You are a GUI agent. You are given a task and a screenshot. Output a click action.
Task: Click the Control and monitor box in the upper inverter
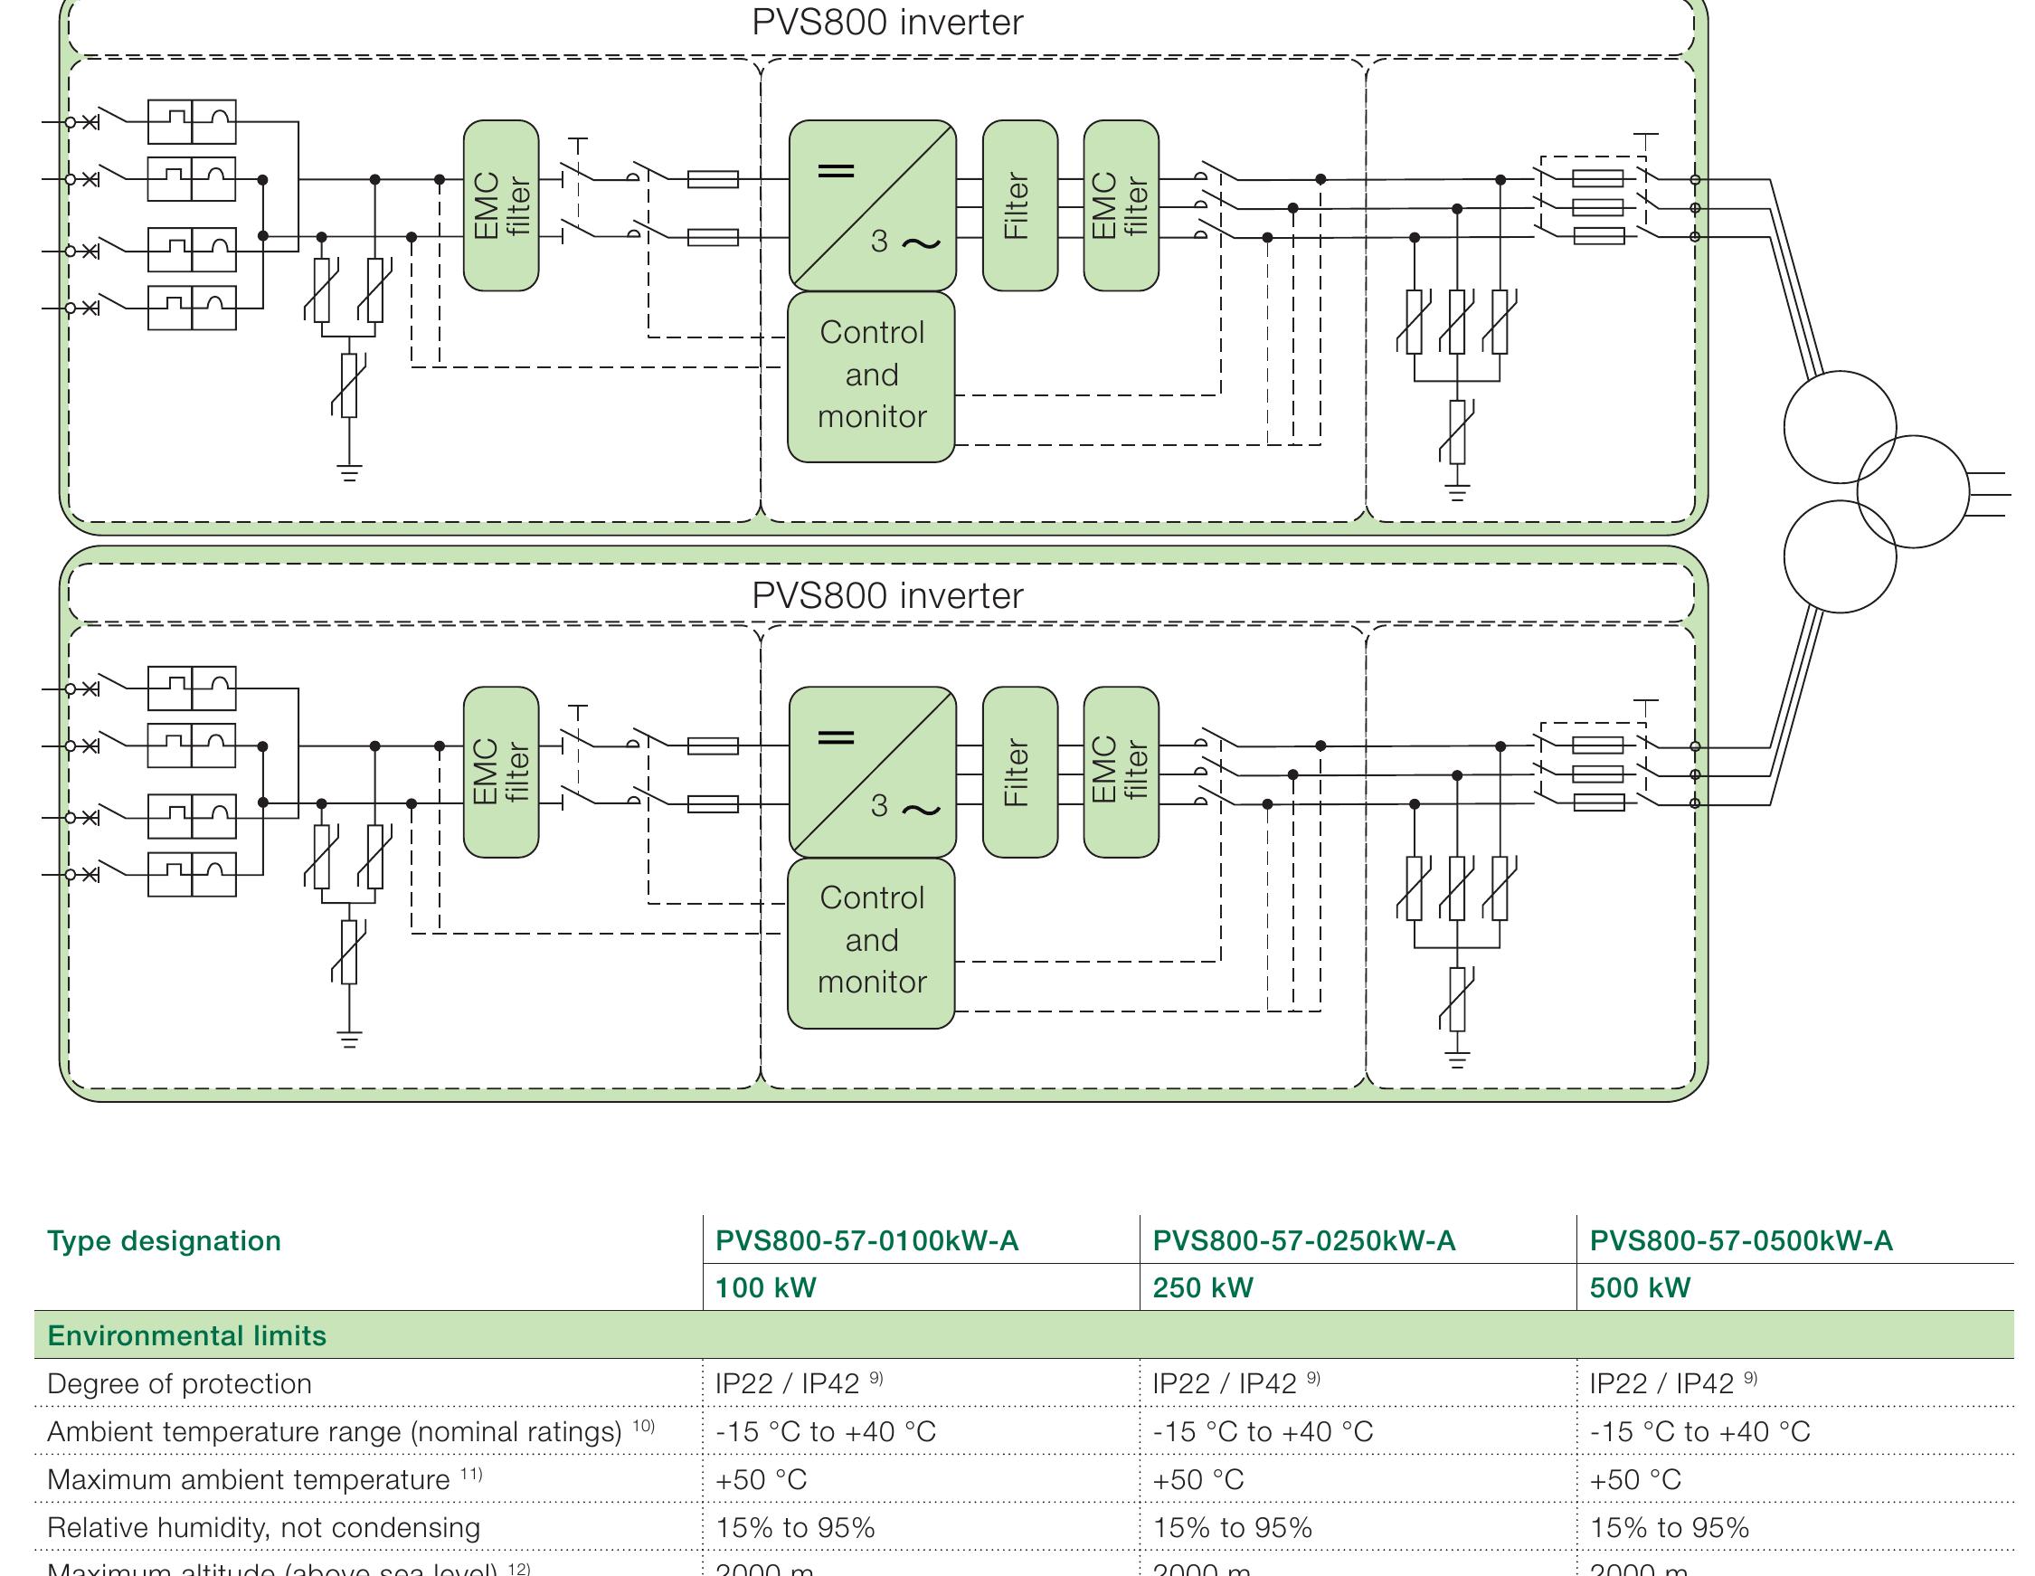click(x=871, y=376)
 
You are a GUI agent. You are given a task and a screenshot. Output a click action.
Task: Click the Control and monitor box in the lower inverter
click(x=871, y=942)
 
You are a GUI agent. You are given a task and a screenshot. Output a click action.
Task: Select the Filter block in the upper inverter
click(x=1019, y=205)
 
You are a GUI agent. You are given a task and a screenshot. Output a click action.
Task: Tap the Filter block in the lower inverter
click(x=1019, y=772)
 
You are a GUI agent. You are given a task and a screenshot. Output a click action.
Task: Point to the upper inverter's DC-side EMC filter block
click(x=501, y=205)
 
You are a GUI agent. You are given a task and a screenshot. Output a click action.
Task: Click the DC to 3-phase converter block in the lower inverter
click(x=872, y=772)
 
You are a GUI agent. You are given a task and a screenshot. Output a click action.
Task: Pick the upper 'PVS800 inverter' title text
click(x=887, y=23)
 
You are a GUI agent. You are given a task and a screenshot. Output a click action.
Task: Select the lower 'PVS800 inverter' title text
click(x=887, y=595)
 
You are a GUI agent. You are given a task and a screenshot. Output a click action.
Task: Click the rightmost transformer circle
click(x=1912, y=491)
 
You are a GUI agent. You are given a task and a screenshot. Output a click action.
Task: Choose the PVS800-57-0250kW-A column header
click(x=1303, y=1240)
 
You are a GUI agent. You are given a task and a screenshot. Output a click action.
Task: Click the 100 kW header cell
click(x=765, y=1287)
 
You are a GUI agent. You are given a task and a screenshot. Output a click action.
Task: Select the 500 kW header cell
click(x=1639, y=1287)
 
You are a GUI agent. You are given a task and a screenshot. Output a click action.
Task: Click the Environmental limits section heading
click(x=187, y=1335)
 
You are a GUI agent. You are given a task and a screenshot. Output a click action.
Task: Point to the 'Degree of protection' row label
click(x=179, y=1384)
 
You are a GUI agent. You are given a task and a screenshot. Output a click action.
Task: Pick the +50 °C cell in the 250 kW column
click(x=1198, y=1480)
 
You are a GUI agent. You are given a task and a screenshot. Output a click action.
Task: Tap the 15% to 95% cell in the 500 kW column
click(x=1669, y=1528)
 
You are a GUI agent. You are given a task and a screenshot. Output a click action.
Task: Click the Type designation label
click(x=164, y=1240)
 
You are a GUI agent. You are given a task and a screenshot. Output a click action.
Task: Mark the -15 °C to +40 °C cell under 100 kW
click(x=826, y=1431)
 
